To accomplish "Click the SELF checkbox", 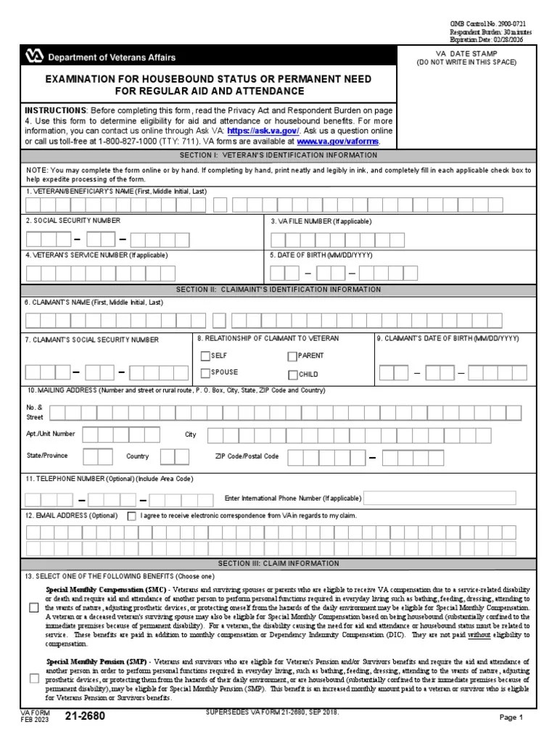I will [x=205, y=356].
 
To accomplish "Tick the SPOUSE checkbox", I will [x=205, y=373].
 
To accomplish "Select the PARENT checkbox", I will [x=292, y=356].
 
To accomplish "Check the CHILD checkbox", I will [x=292, y=375].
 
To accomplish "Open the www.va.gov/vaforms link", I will [x=338, y=141].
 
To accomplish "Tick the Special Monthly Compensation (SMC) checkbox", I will [x=34, y=608].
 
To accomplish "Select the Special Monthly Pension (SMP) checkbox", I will [x=34, y=679].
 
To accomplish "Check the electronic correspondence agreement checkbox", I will [x=131, y=516].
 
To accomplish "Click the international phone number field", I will [x=439, y=498].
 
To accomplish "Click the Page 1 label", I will [x=511, y=718].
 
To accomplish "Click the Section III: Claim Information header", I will [x=278, y=563].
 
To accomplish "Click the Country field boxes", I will [x=174, y=456].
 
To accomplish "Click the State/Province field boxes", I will [x=97, y=456].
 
